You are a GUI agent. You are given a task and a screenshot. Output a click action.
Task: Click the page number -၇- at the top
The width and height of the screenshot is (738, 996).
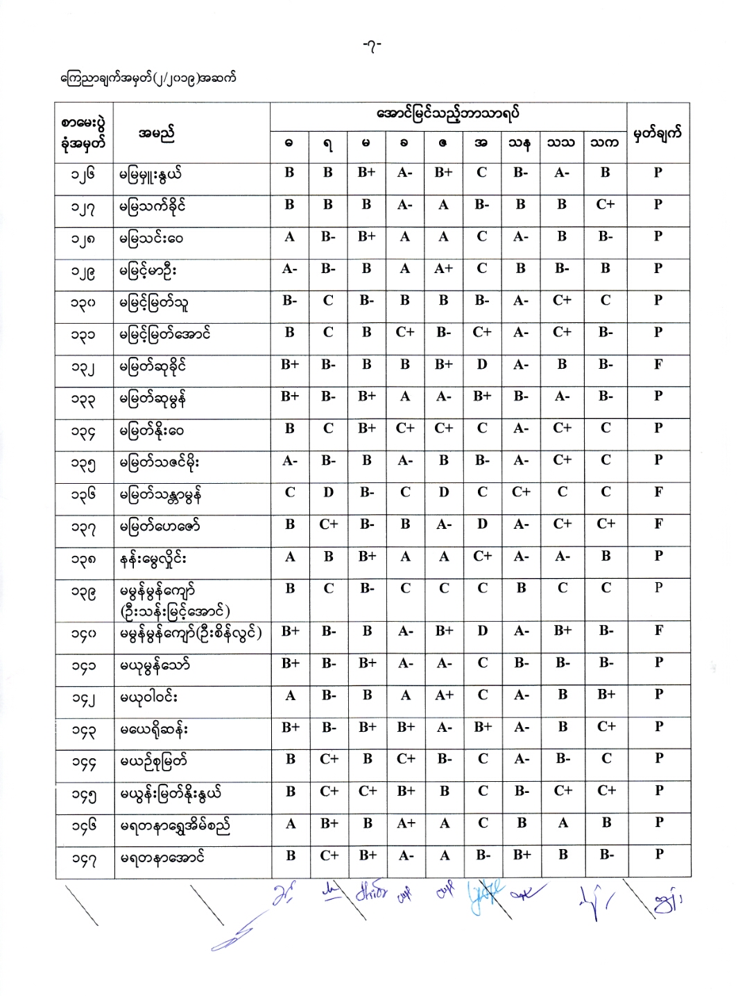(x=372, y=46)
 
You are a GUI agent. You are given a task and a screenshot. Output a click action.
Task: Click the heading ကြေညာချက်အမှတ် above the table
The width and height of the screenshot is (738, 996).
(x=148, y=78)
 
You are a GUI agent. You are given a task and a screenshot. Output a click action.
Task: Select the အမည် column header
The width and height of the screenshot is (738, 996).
(x=156, y=132)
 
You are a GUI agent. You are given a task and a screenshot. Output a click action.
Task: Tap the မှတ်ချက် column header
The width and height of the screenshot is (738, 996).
(x=658, y=132)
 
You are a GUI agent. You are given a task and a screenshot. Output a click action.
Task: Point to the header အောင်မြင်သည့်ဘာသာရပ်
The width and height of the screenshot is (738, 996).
(x=447, y=114)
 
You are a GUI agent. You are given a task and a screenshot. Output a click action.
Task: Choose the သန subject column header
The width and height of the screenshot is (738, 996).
(x=520, y=143)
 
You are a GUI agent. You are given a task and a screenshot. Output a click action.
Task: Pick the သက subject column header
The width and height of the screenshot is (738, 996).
(x=604, y=143)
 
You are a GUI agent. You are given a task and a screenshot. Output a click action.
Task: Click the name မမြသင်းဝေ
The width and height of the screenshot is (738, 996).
(x=151, y=238)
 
